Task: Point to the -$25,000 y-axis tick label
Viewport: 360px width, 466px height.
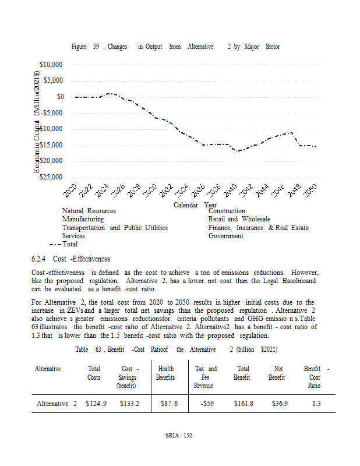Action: click(x=50, y=177)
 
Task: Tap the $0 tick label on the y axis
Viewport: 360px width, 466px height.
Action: click(x=60, y=97)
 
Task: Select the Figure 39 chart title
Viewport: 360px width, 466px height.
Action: click(x=175, y=47)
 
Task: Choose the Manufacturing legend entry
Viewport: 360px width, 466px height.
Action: click(x=83, y=219)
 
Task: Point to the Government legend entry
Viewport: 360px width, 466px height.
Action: click(x=225, y=236)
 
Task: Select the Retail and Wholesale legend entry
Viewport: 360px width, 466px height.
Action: click(x=239, y=219)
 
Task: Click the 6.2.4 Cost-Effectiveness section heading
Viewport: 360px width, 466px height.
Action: click(x=70, y=259)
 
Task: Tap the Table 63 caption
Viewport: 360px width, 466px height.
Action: click(x=176, y=349)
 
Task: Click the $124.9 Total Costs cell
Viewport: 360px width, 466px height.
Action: click(x=96, y=404)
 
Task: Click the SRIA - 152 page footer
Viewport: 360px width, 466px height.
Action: click(x=179, y=436)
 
